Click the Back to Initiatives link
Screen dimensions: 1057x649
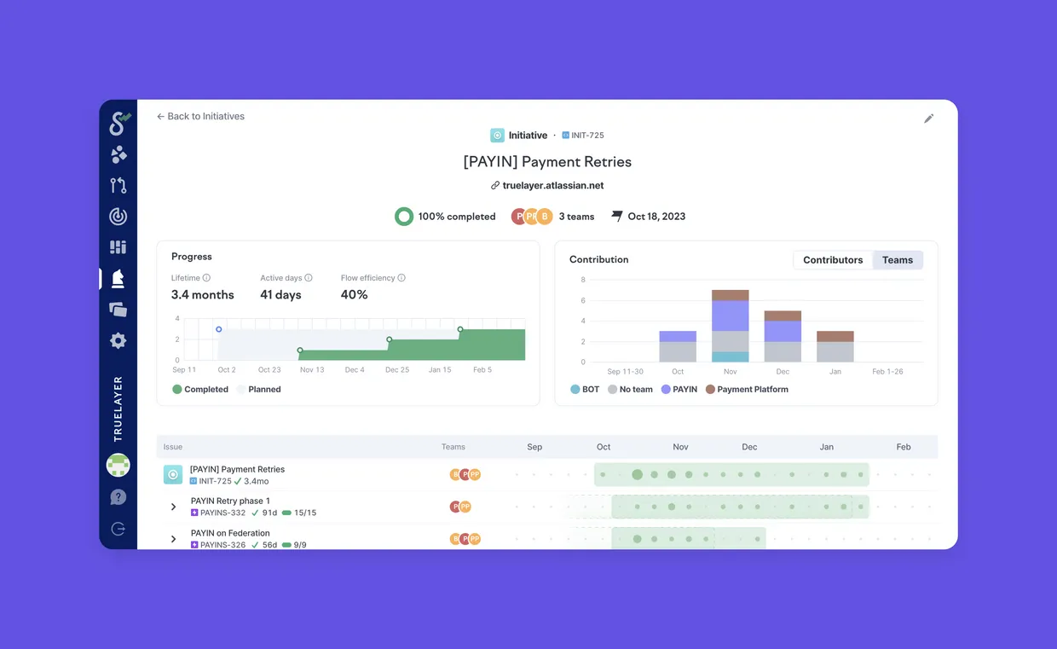click(200, 116)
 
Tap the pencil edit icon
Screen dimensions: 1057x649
click(928, 119)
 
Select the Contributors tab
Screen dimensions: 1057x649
click(833, 260)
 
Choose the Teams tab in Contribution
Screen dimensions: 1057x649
click(898, 260)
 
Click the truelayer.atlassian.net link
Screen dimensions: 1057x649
click(547, 186)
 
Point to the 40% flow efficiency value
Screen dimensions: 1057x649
click(354, 294)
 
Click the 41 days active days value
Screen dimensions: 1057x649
click(280, 294)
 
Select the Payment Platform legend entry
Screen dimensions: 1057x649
click(747, 390)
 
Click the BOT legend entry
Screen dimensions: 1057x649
click(585, 390)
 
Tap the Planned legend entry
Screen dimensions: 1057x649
click(259, 390)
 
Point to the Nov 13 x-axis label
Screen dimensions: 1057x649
click(312, 369)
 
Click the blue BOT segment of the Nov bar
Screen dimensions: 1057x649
click(730, 356)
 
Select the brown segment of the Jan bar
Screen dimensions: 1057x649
click(835, 337)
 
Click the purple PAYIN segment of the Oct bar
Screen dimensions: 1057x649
click(678, 337)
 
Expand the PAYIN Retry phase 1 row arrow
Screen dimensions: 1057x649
click(173, 507)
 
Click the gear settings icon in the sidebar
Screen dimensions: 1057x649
click(118, 340)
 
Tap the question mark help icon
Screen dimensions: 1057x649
click(118, 497)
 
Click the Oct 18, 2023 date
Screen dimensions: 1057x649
click(656, 217)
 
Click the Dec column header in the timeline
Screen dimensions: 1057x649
click(749, 447)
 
